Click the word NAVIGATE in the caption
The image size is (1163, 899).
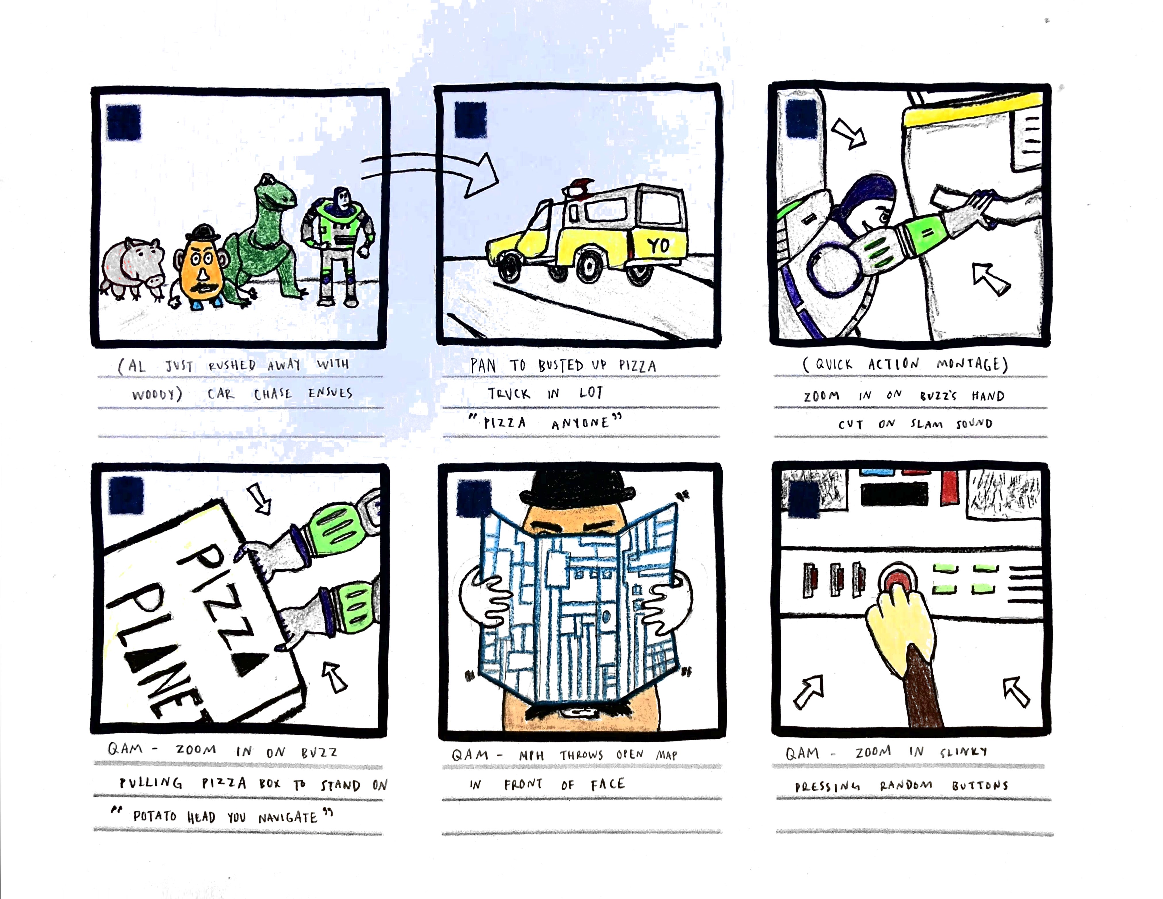pos(287,817)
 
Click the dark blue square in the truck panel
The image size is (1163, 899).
pos(471,120)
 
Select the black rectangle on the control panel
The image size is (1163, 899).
pos(894,495)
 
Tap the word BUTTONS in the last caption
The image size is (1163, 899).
pos(980,785)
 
